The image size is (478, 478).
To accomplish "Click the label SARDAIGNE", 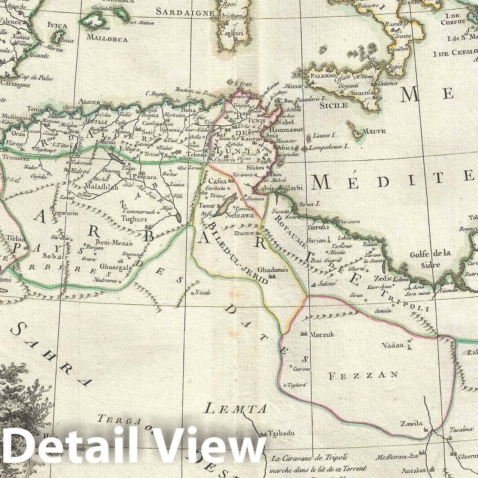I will pos(185,12).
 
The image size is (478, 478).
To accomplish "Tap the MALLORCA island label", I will pos(107,38).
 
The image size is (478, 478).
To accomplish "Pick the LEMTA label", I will pos(236,409).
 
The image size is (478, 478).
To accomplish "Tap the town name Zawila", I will pos(411,423).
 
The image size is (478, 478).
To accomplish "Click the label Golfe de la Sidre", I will pos(430,259).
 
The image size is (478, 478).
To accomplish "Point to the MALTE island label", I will pos(374,131).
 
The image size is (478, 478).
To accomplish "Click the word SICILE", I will pos(333,105).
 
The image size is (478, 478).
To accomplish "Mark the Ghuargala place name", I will pos(116,267).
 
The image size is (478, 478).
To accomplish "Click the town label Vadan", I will pos(392,345).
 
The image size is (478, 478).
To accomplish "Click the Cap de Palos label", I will pos(36,78).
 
